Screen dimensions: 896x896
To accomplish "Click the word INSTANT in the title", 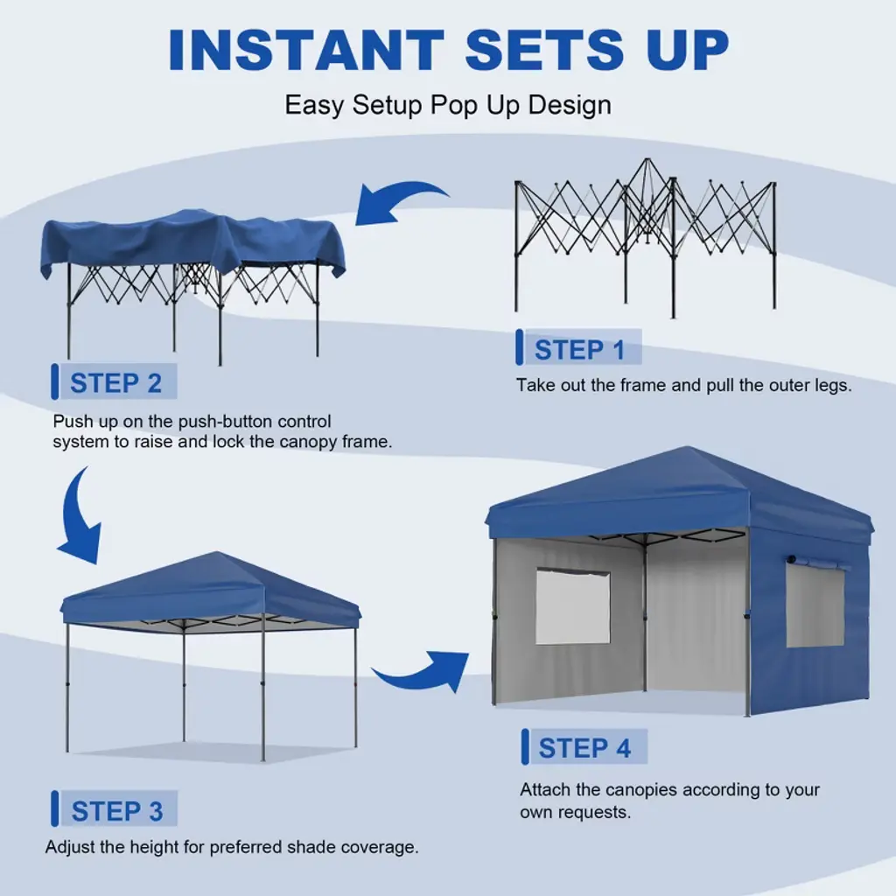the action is coord(306,49).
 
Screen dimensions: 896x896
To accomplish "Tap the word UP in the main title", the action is coord(688,49).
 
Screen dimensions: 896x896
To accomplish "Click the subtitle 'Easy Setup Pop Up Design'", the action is coord(448,105).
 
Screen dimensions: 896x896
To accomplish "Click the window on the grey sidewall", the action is coord(572,606).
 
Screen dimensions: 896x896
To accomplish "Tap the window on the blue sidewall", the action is coord(815,605).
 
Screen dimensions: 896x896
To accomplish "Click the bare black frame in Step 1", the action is coord(646,237).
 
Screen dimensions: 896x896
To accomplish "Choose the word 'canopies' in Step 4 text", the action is coord(641,790).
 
